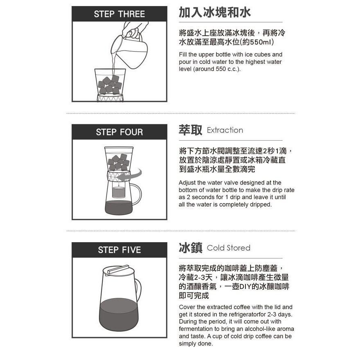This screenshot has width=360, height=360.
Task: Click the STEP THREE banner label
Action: [x=119, y=14]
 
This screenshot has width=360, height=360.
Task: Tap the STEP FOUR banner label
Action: [x=119, y=132]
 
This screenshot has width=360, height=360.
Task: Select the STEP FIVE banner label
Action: [x=119, y=250]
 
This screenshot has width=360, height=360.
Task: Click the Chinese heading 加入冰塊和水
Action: [x=215, y=12]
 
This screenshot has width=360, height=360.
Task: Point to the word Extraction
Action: [x=225, y=130]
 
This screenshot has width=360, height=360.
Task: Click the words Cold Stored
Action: [x=228, y=248]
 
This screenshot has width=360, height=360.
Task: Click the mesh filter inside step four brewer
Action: [x=119, y=192]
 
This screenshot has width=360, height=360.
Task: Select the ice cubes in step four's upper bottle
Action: [x=119, y=162]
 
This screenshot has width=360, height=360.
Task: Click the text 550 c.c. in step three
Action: [x=227, y=69]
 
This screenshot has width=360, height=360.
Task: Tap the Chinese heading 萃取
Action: [x=190, y=130]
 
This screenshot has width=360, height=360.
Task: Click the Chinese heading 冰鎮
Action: [x=190, y=248]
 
